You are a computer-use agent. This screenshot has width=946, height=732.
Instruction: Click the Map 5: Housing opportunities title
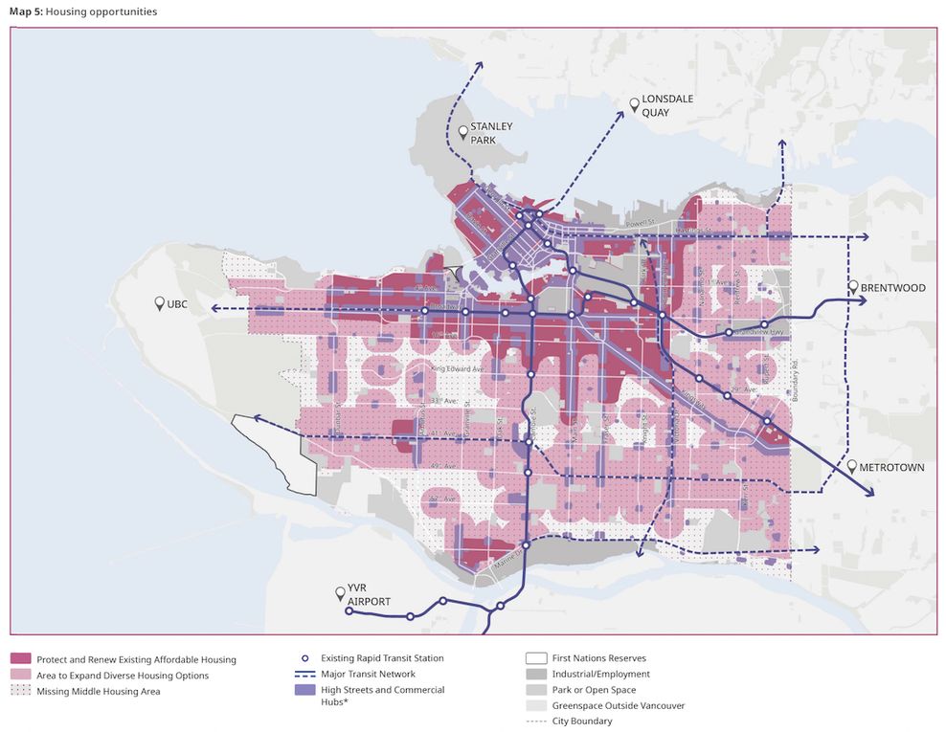pos(83,11)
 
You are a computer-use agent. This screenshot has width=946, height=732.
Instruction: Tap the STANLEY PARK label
pos(491,132)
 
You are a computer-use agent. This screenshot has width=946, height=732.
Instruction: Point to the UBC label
pos(178,303)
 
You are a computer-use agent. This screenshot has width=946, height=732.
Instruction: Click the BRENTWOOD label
pos(892,288)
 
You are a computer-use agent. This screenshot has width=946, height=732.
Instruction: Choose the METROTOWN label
pos(892,467)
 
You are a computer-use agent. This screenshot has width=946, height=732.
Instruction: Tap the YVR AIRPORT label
pos(369,595)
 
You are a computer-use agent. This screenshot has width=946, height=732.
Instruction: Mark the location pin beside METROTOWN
pos(851,466)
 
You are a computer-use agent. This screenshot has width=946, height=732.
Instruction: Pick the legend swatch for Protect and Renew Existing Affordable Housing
pos(21,659)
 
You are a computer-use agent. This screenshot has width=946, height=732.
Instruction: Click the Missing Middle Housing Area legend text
pos(98,691)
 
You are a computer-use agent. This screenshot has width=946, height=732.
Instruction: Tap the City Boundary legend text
pos(582,721)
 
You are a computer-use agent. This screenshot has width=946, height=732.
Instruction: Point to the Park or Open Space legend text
pos(594,690)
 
